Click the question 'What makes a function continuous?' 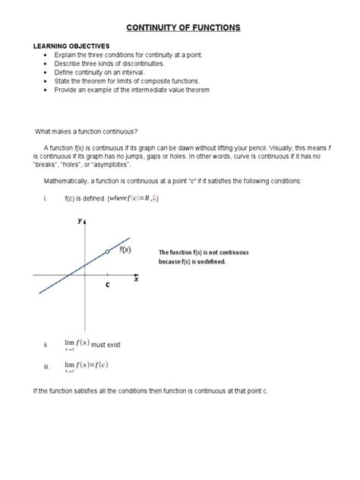coord(81,131)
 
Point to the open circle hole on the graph coord(107,251)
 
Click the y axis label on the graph coord(79,221)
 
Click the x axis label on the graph coord(137,279)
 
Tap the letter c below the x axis coord(108,286)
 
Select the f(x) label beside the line coord(123,248)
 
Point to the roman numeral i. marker coord(46,199)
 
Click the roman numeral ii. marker coord(46,346)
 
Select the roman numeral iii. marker coord(46,367)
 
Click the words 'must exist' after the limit coord(106,345)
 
